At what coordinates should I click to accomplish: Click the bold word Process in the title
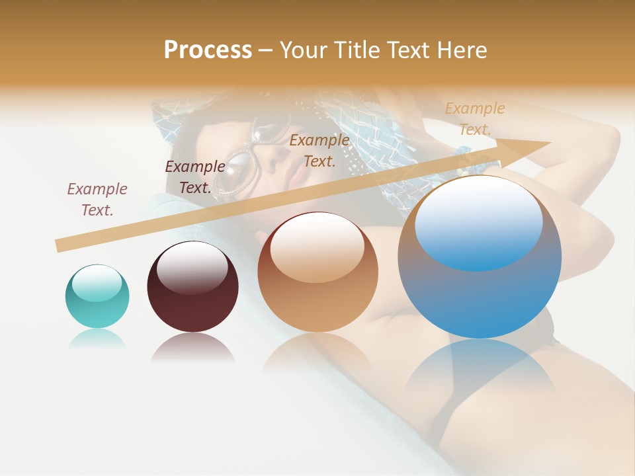pos(208,50)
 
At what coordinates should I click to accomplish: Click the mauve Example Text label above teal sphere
pos(97,199)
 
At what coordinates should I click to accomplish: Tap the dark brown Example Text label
pos(195,177)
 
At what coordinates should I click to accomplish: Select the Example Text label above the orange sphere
pos(319,150)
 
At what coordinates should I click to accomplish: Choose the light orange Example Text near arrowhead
pos(475,118)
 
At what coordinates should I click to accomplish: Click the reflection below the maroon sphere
pos(192,347)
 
